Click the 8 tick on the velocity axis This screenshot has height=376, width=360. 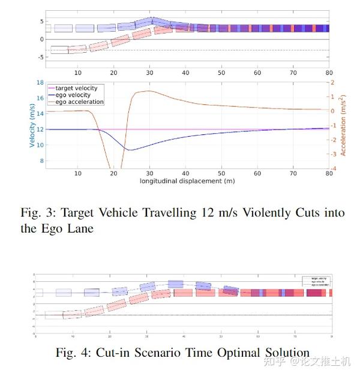point(41,161)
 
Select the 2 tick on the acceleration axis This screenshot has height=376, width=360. point(332,83)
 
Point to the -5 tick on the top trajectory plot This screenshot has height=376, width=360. point(40,58)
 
